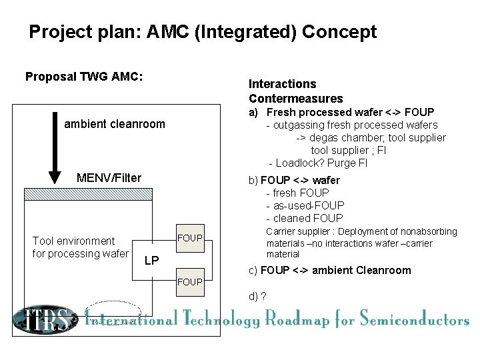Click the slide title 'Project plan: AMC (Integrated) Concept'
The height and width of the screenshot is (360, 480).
tap(203, 32)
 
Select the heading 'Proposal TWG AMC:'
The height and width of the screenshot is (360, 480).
tap(84, 77)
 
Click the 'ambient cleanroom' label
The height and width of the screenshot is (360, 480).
tap(115, 124)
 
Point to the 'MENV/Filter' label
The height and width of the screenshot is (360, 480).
tap(109, 177)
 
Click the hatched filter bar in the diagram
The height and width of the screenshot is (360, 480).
tap(121, 194)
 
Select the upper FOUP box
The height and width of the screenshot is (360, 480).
tap(189, 238)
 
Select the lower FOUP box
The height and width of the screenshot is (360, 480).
tap(189, 282)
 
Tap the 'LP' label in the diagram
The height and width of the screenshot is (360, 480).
tap(151, 261)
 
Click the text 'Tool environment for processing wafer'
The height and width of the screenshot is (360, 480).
tap(79, 247)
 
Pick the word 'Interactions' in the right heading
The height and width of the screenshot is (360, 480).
tap(282, 84)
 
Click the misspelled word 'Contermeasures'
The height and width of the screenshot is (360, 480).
tap(295, 99)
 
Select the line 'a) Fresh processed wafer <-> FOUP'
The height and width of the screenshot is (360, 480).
tap(341, 112)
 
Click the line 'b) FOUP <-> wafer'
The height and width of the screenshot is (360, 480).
tap(294, 180)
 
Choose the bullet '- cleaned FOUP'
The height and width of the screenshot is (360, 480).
tap(305, 218)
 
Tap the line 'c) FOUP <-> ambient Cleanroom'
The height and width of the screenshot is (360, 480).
tap(329, 270)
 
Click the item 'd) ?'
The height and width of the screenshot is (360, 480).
tap(257, 296)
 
